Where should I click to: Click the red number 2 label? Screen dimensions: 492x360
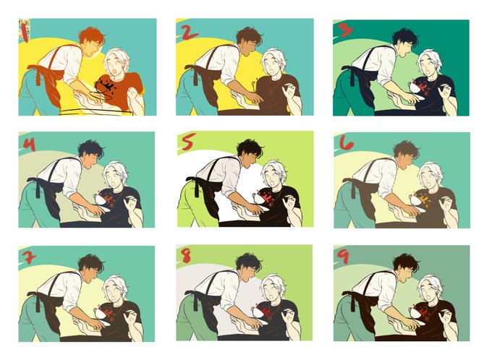190,33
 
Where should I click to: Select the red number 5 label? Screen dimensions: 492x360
189,142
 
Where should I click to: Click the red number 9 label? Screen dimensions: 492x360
344,256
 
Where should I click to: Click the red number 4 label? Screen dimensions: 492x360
29,145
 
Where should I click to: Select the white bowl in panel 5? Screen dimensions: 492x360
258,198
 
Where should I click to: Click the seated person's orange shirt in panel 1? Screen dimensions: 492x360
122,90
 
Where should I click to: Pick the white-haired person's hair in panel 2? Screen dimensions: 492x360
273,57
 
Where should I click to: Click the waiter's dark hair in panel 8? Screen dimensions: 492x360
249,262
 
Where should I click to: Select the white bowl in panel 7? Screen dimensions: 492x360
101,313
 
